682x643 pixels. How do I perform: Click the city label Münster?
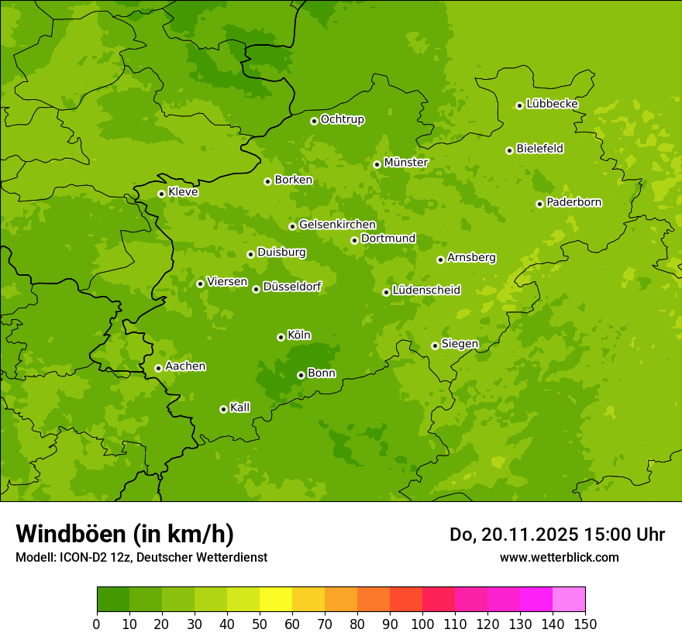click(405, 163)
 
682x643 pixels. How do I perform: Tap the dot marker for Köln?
click(281, 337)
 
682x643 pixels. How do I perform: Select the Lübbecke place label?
click(552, 104)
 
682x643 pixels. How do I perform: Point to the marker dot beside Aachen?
click(158, 368)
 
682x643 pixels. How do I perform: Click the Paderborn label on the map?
click(573, 202)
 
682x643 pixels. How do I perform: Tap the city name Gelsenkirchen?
click(337, 225)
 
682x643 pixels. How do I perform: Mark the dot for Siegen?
click(435, 346)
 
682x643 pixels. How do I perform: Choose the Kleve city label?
click(183, 192)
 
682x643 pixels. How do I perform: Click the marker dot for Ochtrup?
click(314, 121)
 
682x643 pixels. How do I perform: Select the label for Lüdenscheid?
click(426, 291)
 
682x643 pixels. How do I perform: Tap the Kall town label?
click(239, 407)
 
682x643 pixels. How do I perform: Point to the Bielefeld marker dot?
click(509, 150)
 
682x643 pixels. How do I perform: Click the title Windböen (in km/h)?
click(125, 534)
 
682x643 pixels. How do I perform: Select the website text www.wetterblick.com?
click(559, 557)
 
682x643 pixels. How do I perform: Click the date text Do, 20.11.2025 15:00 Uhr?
click(557, 535)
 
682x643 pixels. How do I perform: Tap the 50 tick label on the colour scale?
click(260, 624)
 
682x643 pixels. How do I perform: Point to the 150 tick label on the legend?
click(585, 624)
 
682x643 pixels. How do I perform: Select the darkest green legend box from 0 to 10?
click(113, 600)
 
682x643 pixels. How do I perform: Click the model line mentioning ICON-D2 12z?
click(141, 558)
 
